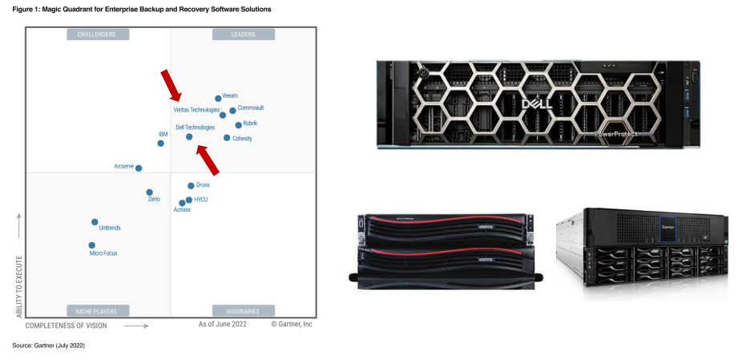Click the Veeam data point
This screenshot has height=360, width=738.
tap(218, 99)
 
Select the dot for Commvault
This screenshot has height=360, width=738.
tap(232, 111)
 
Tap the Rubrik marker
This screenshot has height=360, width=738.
tap(238, 125)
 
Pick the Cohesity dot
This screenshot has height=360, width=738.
tap(227, 138)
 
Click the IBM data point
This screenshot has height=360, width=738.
tap(160, 144)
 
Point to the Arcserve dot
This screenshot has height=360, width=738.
tap(139, 168)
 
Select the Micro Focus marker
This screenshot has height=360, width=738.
tap(91, 245)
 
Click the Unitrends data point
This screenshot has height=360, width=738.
tap(95, 222)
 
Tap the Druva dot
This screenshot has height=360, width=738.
tap(191, 186)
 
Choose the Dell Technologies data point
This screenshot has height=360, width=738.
tap(189, 137)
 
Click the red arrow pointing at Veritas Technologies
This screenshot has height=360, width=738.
tap(171, 83)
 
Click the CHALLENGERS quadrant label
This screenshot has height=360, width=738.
tap(97, 34)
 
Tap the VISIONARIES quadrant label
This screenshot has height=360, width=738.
tap(243, 311)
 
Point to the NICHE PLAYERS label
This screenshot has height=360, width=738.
tap(97, 311)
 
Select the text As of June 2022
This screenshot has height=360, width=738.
tap(223, 324)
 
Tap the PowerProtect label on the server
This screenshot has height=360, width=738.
tap(618, 134)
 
